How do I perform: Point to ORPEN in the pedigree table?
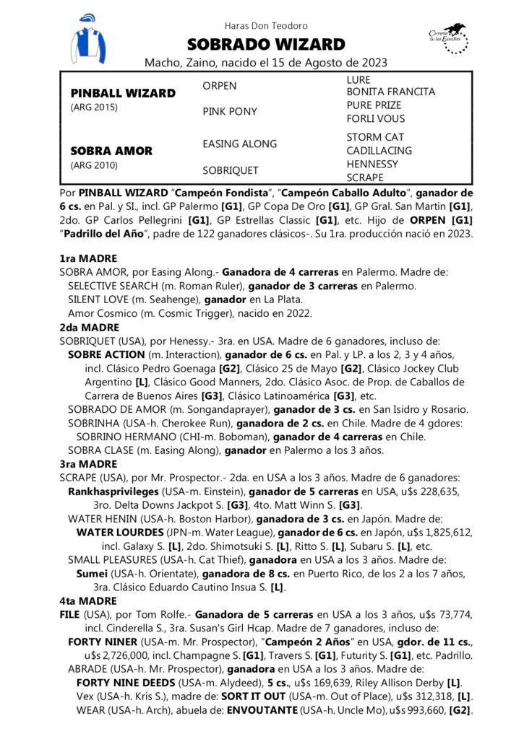coord(220,86)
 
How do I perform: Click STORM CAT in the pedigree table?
coord(375,137)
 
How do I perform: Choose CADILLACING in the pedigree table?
coord(379,151)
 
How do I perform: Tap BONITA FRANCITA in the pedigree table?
coord(391,92)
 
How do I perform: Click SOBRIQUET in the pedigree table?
coord(231,170)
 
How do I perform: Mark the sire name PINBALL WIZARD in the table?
coord(123,93)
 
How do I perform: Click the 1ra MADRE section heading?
coord(88,258)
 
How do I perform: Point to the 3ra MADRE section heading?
coord(88,463)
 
